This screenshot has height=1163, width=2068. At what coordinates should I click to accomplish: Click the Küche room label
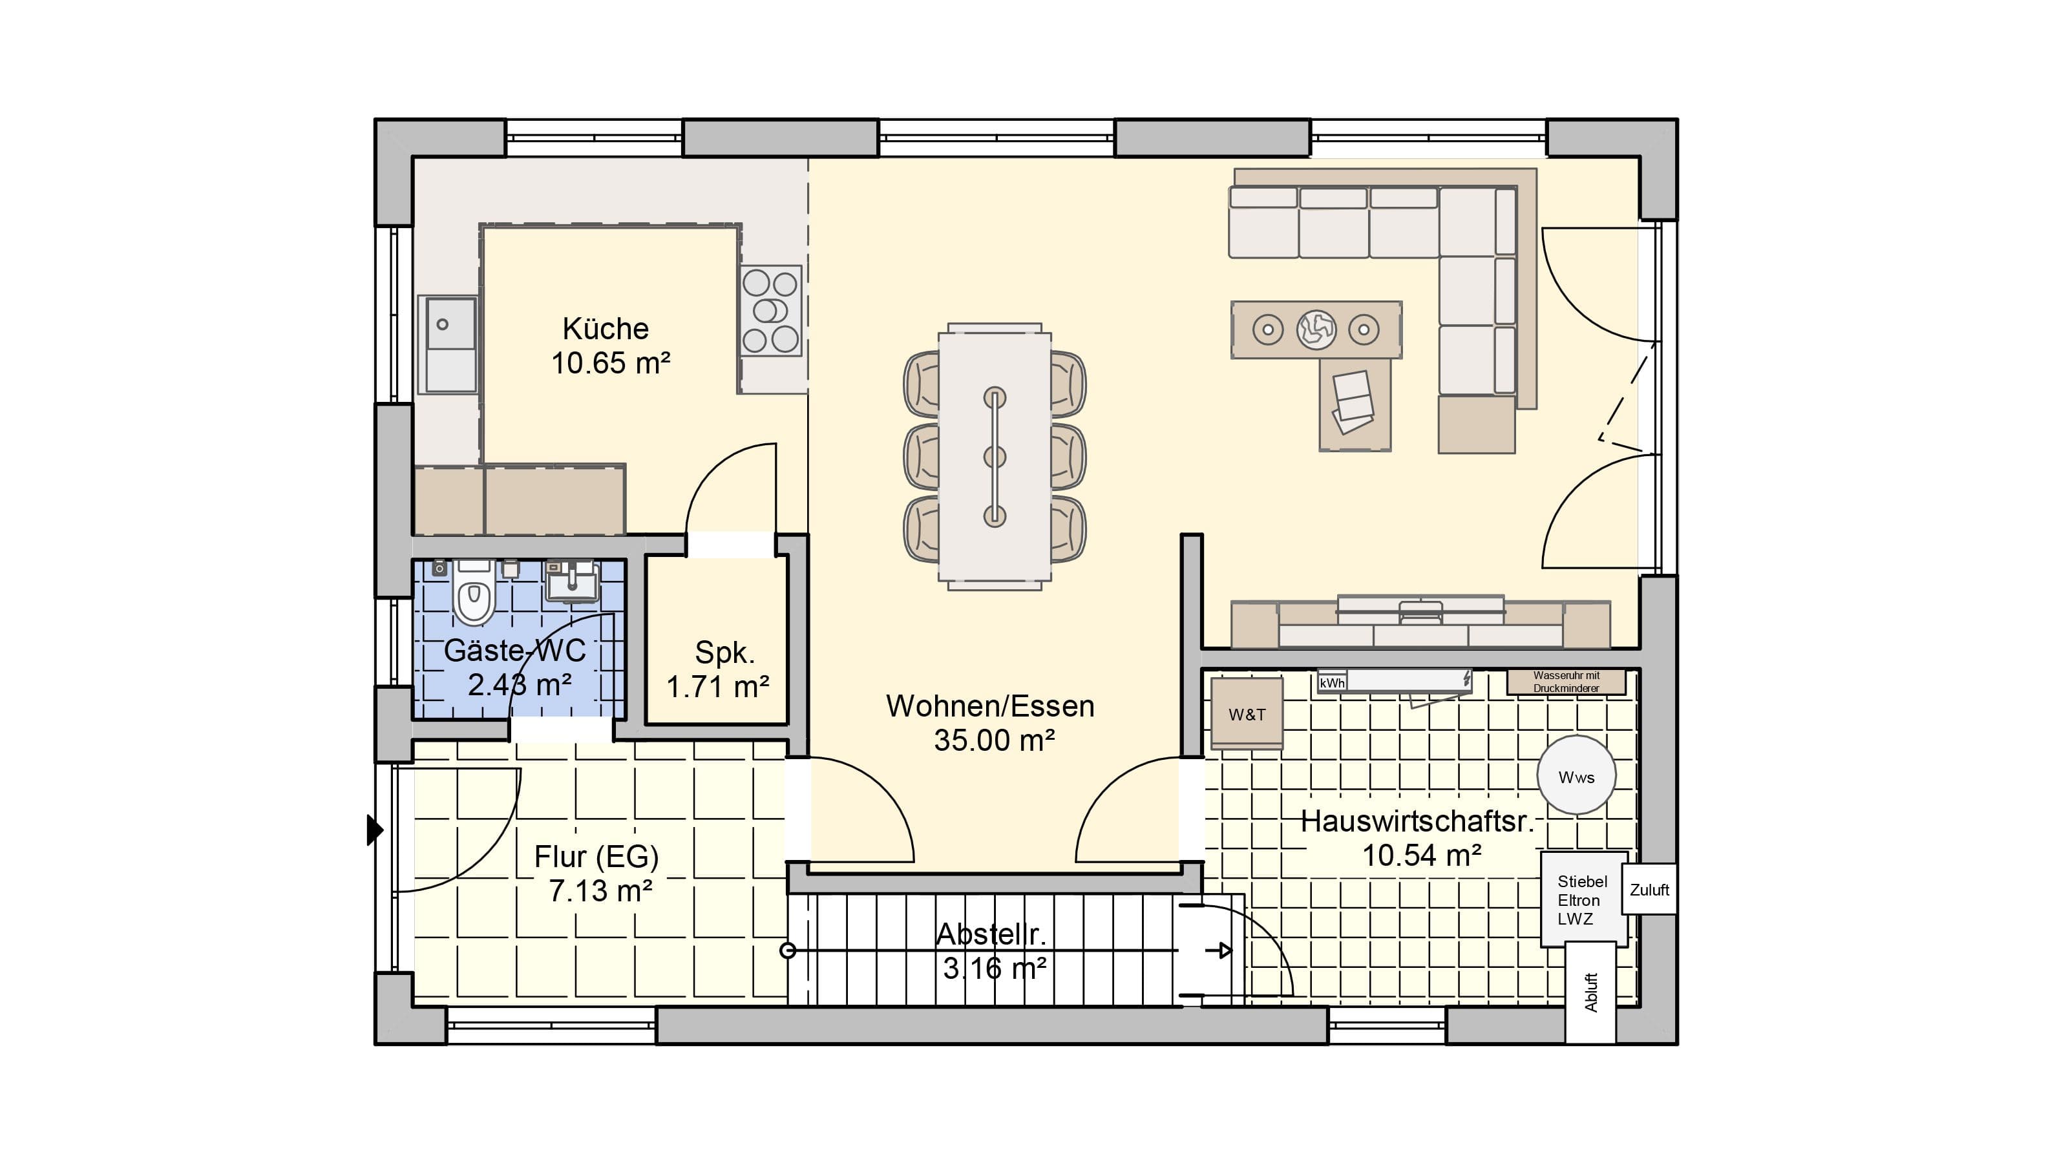(x=606, y=328)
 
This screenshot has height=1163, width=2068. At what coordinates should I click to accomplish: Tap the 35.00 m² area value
(x=994, y=740)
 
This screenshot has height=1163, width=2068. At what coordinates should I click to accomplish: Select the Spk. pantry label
(x=724, y=653)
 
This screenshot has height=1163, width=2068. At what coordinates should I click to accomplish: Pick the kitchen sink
(x=450, y=344)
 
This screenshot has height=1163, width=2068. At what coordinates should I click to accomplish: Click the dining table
(x=995, y=457)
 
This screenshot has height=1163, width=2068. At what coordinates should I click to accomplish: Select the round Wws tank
(x=1576, y=776)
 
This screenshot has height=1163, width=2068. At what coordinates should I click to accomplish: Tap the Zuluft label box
(x=1649, y=889)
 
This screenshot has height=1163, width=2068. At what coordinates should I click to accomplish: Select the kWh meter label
(x=1332, y=683)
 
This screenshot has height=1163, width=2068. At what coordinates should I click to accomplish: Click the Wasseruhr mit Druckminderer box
(x=1567, y=682)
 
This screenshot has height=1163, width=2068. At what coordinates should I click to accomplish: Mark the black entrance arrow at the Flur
(x=375, y=830)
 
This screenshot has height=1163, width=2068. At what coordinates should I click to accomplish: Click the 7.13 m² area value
(x=600, y=891)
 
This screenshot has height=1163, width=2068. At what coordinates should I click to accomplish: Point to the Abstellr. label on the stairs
(x=991, y=934)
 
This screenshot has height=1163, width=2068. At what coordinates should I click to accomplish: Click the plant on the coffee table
(x=1316, y=329)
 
